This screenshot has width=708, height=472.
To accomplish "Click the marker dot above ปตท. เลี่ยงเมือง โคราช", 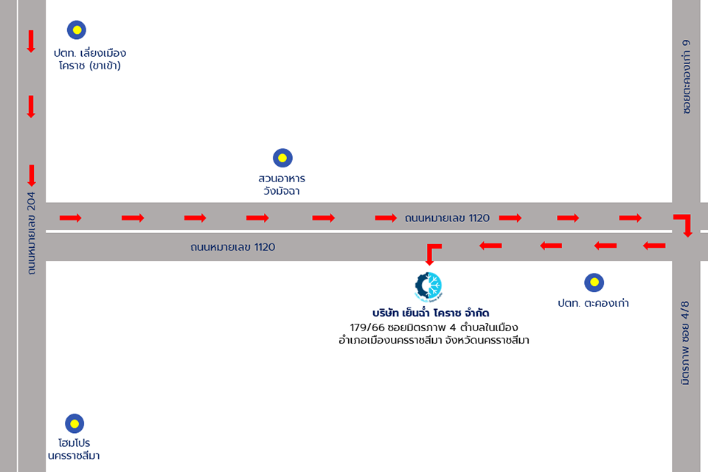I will tap(76, 30).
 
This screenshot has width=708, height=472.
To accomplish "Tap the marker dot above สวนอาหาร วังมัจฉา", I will tap(282, 158).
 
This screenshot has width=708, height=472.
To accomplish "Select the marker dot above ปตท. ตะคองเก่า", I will tap(594, 282).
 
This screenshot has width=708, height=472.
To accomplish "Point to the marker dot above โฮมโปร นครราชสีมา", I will tap(74, 423).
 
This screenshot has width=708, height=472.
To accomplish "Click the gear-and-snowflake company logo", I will tap(428, 286).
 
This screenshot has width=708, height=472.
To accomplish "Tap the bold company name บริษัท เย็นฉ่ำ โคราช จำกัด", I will tap(431, 313).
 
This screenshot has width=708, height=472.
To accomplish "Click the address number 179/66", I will tap(366, 327).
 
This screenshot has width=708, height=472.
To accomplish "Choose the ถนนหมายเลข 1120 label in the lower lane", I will tap(232, 247).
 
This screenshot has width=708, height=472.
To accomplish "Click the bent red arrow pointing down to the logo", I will tap(431, 253).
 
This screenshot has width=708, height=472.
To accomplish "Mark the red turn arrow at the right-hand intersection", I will tap(684, 224).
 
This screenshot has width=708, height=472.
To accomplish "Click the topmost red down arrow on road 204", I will tap(31, 41).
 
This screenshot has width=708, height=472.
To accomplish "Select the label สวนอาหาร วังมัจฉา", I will tap(282, 185).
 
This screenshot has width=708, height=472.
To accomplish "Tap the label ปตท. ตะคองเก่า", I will tap(594, 303).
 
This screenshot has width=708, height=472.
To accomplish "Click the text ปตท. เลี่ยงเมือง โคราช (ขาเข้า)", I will tap(89, 60).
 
